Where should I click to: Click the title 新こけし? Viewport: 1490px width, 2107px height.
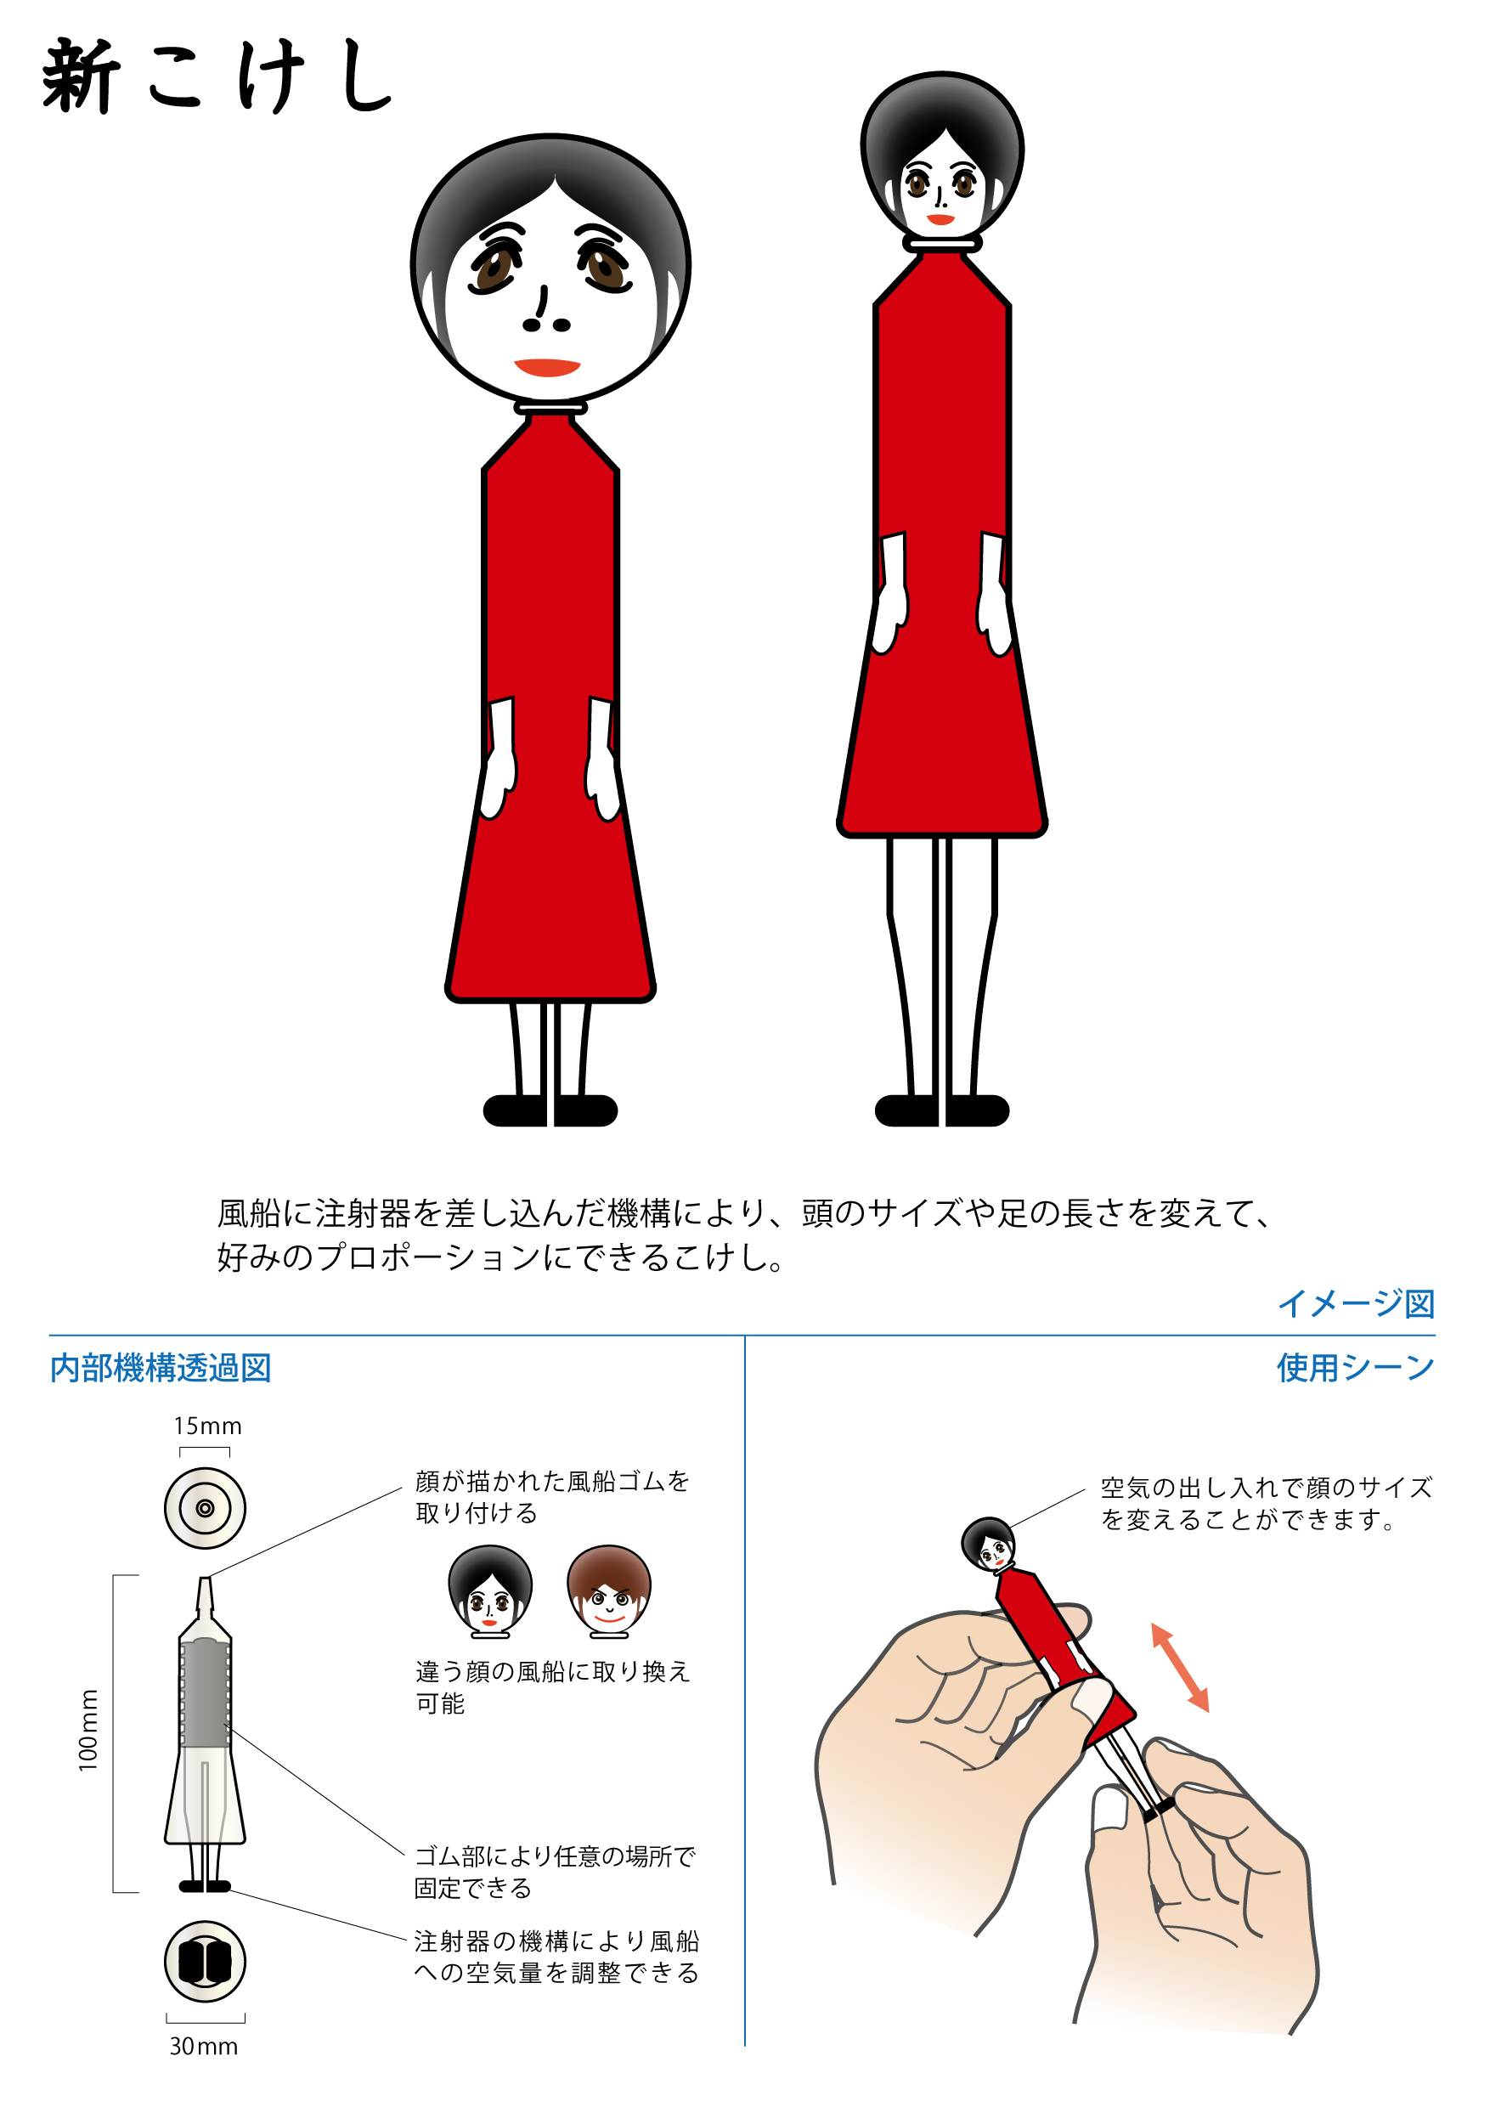click(x=217, y=76)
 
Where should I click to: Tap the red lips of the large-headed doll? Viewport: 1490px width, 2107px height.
click(x=548, y=367)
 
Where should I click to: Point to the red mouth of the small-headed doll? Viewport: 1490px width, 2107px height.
click(x=940, y=220)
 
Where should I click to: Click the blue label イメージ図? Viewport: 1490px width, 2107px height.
click(x=1356, y=1303)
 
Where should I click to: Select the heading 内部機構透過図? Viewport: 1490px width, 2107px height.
click(x=161, y=1367)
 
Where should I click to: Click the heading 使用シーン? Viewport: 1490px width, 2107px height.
click(x=1356, y=1367)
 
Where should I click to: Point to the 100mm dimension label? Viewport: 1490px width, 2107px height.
click(x=88, y=1730)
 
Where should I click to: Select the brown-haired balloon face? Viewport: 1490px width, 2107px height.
click(x=609, y=1591)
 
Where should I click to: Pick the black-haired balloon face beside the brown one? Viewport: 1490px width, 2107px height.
click(x=490, y=1591)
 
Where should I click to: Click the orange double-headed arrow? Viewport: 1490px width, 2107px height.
click(x=1181, y=1668)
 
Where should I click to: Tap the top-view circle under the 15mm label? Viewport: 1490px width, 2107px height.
click(x=205, y=1509)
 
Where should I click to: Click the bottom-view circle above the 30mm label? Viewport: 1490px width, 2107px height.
click(x=205, y=1961)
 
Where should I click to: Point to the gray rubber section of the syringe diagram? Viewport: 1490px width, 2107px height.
click(x=204, y=1693)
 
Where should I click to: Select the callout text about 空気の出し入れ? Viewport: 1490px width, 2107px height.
click(x=1266, y=1503)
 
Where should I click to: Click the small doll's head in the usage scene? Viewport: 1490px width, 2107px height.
click(x=988, y=1545)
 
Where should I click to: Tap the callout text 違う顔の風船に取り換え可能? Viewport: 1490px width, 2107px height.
click(x=552, y=1686)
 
